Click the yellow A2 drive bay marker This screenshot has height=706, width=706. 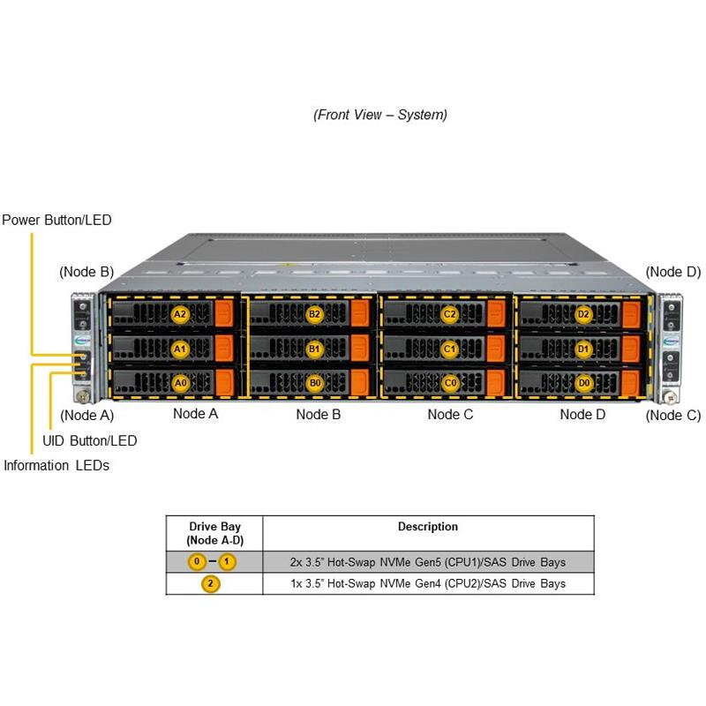coord(180,313)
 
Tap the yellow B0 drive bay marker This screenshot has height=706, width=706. coord(315,383)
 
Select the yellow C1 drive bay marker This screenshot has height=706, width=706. coord(449,349)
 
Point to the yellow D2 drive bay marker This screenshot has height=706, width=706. coord(582,313)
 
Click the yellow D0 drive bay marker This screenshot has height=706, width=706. coord(582,383)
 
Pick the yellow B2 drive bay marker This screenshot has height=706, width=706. coord(315,313)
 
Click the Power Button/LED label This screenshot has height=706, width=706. coord(56,220)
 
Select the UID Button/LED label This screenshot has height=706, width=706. coord(90,440)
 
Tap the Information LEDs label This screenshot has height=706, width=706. coord(56,465)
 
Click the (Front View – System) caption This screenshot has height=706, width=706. coord(380,115)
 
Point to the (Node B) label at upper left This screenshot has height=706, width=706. coord(86,272)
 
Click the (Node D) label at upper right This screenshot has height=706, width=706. coord(672,272)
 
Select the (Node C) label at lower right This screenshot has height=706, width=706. coord(672,415)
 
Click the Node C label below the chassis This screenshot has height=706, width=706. coord(450,413)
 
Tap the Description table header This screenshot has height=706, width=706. coord(428,527)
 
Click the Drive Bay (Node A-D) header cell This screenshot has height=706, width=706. coord(214,533)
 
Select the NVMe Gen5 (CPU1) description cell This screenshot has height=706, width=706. coord(428,561)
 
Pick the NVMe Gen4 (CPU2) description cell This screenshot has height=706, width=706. coord(428,583)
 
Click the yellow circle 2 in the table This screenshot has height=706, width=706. coord(212,583)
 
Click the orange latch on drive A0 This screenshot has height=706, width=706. coord(224,383)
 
